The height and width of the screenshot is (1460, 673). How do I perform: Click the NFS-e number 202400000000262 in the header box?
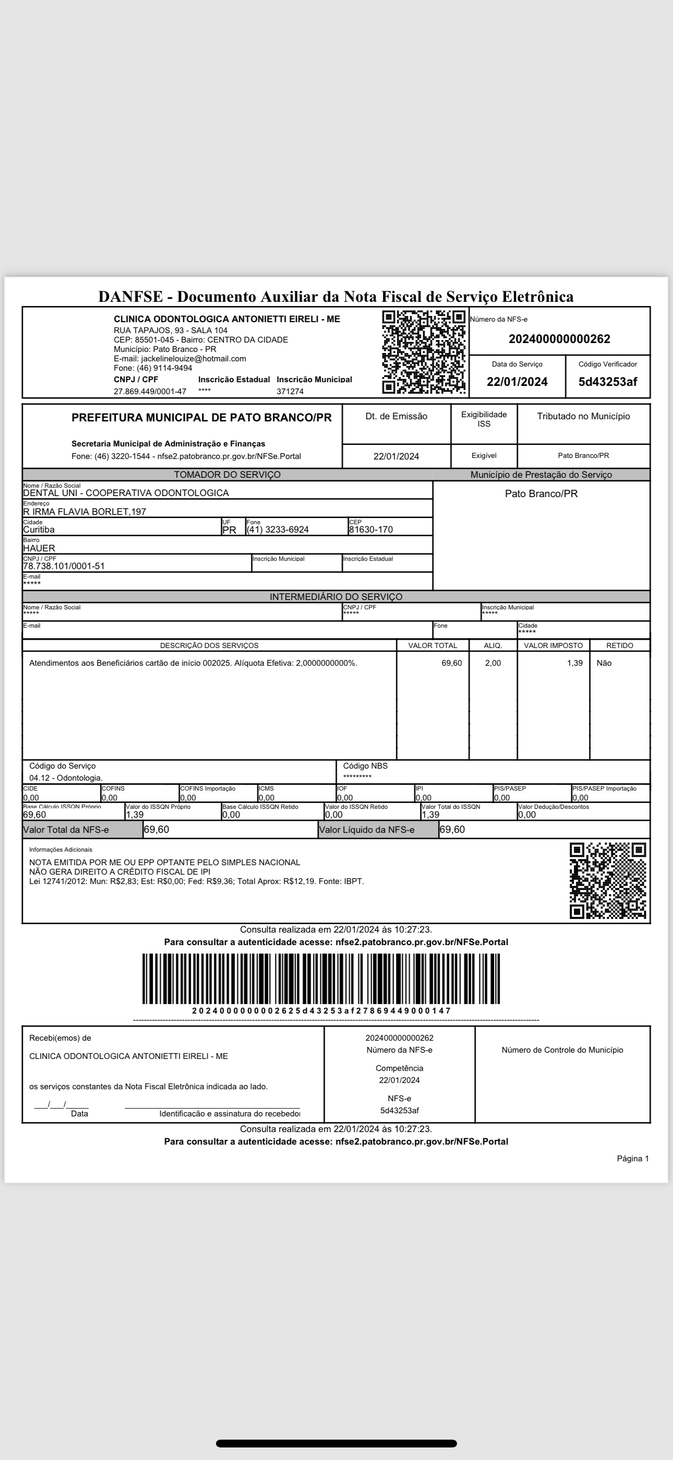[x=559, y=339]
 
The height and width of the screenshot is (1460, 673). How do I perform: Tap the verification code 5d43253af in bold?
[x=607, y=381]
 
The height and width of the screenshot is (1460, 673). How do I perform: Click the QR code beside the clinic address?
[x=424, y=351]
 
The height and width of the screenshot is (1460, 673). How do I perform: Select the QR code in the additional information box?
[x=607, y=880]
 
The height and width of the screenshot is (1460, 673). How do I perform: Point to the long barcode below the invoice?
[x=321, y=979]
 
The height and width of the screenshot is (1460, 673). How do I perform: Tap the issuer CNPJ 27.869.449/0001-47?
[x=150, y=392]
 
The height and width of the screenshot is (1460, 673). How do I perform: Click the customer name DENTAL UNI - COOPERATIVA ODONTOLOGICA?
[x=126, y=493]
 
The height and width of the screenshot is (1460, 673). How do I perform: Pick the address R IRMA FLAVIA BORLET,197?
[x=85, y=512]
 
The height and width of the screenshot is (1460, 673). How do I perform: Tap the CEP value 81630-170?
[x=370, y=529]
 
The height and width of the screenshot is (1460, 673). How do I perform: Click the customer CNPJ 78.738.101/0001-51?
[x=64, y=566]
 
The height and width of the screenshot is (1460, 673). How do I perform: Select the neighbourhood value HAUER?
[x=39, y=548]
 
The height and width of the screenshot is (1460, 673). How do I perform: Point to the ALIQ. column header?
[x=493, y=645]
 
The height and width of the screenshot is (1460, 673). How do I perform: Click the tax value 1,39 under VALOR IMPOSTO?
[x=574, y=663]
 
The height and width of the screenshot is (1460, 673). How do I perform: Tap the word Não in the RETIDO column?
[x=604, y=663]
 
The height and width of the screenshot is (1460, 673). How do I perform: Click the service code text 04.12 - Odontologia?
[x=66, y=778]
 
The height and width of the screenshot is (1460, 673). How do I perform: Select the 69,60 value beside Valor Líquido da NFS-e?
[x=452, y=830]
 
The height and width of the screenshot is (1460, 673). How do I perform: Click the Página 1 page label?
[x=633, y=1159]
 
